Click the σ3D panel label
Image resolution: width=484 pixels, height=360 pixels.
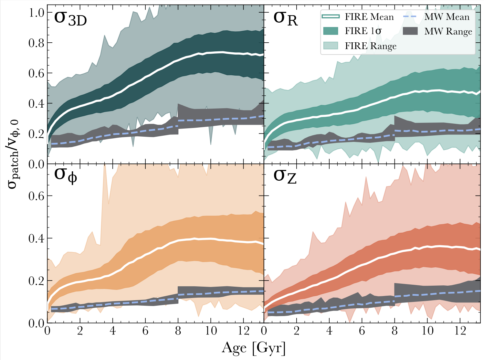[x=70, y=18]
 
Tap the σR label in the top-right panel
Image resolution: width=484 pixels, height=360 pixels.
[x=285, y=18]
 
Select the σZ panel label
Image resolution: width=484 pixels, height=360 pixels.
[x=285, y=176]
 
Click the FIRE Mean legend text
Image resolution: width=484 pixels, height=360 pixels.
[x=369, y=17]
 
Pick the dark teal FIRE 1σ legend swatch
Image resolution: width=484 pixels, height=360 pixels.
[x=331, y=31]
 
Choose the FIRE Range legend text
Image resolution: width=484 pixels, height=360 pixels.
[x=370, y=46]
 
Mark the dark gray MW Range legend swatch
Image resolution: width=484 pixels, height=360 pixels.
[x=410, y=31]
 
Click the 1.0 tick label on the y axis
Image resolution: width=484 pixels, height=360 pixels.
[x=36, y=13]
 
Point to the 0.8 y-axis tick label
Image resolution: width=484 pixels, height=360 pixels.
[x=36, y=43]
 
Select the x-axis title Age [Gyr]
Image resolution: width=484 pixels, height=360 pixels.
[x=254, y=348]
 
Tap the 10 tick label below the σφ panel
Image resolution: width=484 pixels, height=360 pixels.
[x=211, y=331]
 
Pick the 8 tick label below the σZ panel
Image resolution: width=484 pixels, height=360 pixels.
[x=395, y=331]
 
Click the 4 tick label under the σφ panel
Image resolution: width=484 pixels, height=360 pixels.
[x=113, y=331]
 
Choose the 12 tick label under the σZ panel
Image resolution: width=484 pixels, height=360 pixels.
[x=459, y=331]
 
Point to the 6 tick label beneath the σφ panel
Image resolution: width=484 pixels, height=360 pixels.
[x=145, y=331]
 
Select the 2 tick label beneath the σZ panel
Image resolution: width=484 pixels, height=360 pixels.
[x=297, y=331]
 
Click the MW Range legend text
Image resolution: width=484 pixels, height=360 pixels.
[x=448, y=31]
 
